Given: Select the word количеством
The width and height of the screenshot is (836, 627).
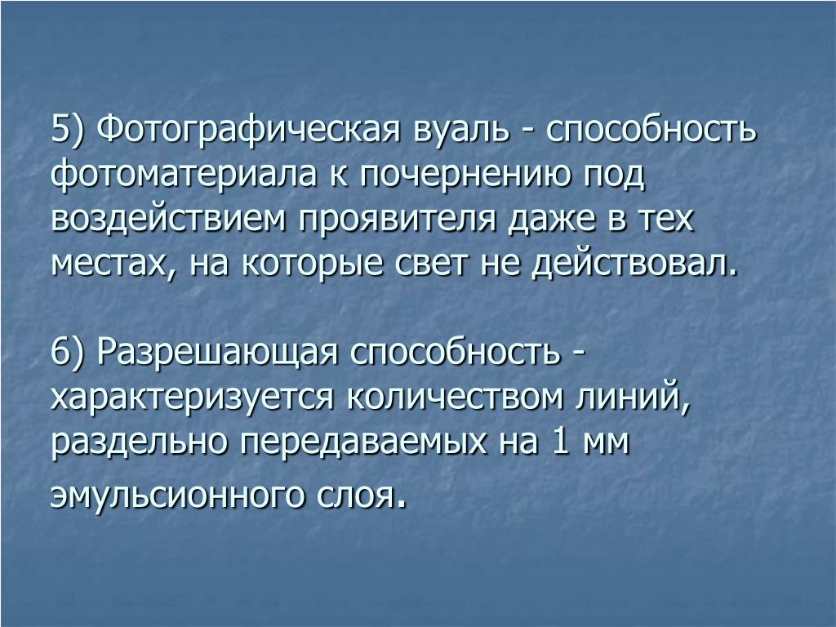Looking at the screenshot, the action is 455,398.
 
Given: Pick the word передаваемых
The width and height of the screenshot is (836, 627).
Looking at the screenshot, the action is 364,443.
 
